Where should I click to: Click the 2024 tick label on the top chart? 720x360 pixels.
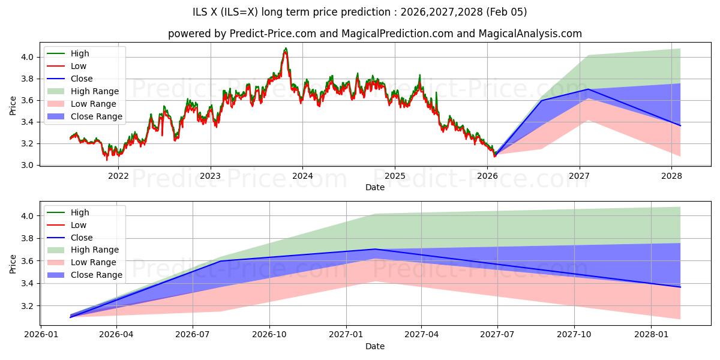click(x=302, y=176)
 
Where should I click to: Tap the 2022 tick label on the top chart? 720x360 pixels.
click(x=118, y=176)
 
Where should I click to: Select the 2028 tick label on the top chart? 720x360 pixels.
click(x=671, y=176)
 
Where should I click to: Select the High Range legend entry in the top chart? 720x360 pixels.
click(x=95, y=91)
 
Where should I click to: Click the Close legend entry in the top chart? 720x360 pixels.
click(x=82, y=79)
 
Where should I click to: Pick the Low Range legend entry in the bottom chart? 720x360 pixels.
click(x=94, y=262)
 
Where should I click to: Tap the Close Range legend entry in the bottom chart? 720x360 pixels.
click(x=96, y=275)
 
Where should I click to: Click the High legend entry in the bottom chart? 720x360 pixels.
click(x=80, y=212)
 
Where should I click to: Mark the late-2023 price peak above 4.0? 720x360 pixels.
click(x=286, y=49)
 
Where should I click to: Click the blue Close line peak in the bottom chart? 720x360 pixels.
click(x=375, y=249)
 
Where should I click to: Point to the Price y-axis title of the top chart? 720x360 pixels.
click(x=13, y=106)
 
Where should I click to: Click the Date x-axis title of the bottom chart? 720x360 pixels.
click(x=375, y=346)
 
